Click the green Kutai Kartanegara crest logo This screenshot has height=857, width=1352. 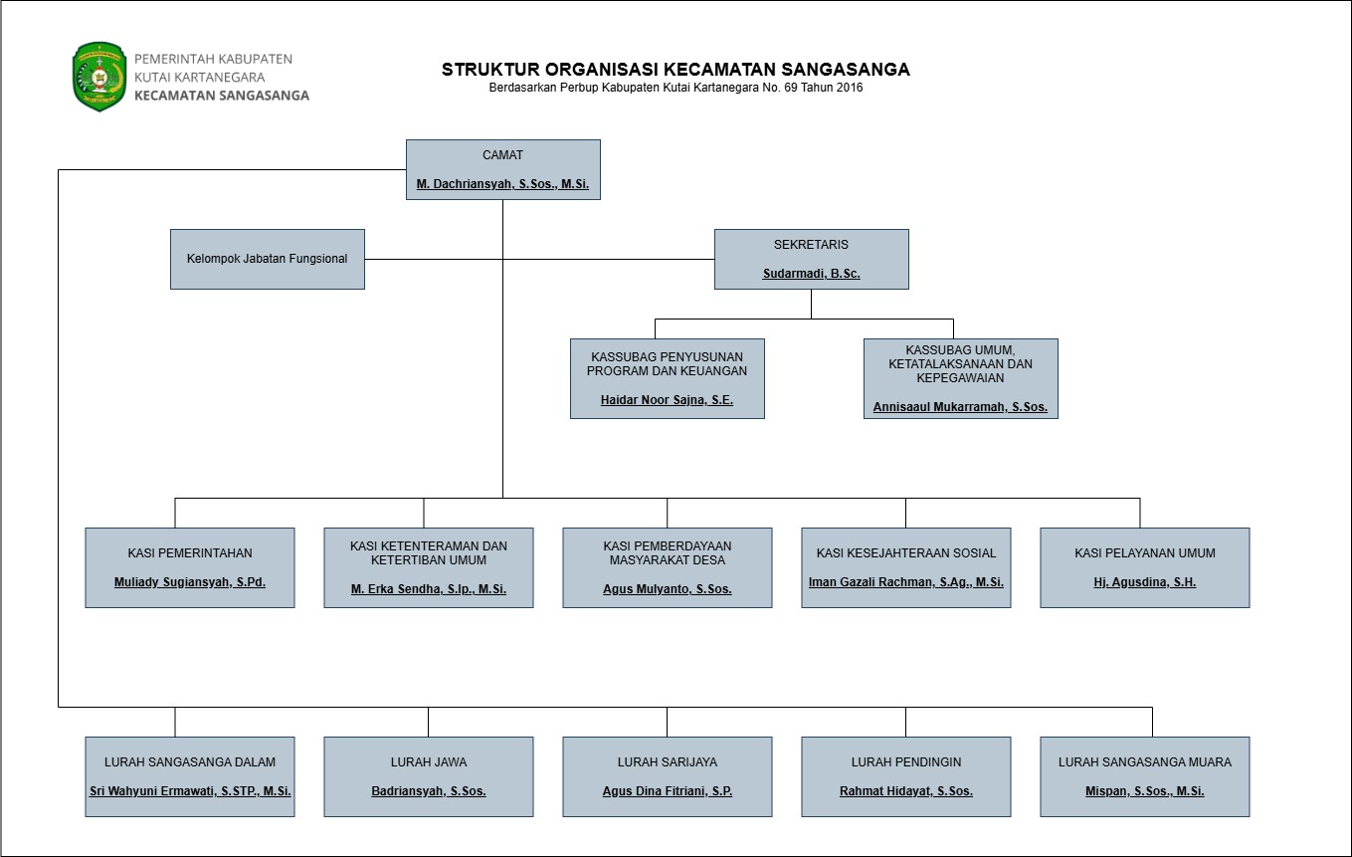point(99,77)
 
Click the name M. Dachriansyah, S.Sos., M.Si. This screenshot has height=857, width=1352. point(502,184)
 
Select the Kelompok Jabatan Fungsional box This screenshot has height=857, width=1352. point(268,259)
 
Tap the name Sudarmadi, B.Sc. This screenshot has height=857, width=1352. point(811,274)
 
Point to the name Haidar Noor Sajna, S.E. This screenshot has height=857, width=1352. point(667,400)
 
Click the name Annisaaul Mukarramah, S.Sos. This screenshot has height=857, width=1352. point(960,407)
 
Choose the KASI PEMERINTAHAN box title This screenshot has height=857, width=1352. point(190,553)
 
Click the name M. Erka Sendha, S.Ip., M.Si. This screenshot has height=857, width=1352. point(429,589)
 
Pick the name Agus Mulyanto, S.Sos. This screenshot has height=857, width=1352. point(667,589)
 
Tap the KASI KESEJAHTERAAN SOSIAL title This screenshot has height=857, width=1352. point(906,553)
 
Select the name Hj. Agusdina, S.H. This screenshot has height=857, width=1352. point(1144,582)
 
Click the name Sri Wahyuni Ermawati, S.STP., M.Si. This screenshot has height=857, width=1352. point(190,791)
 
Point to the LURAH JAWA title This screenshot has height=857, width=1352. point(429,762)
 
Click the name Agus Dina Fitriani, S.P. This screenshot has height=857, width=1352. point(667,791)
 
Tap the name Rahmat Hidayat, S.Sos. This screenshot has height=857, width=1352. point(906,791)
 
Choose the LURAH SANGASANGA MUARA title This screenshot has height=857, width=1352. point(1144,762)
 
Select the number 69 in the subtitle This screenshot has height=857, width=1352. point(791,88)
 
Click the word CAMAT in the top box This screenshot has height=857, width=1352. point(502,155)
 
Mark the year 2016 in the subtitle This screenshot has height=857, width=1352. point(850,88)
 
